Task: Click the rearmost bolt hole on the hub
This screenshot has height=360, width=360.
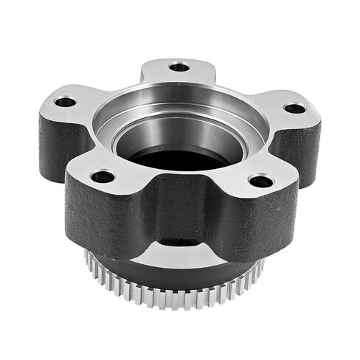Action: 179,67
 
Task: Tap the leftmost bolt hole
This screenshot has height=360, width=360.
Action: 65,102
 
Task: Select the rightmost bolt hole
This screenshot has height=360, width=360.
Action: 294,108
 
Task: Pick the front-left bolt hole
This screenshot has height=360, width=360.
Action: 103,176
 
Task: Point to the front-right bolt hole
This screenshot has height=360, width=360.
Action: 260,181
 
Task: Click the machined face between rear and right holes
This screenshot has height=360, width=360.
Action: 243,89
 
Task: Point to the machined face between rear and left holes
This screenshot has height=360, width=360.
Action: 118,85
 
